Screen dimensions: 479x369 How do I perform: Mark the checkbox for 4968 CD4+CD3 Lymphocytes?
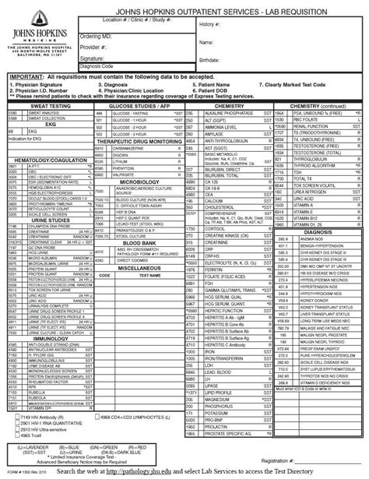99,418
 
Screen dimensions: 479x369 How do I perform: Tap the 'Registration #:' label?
283,462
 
